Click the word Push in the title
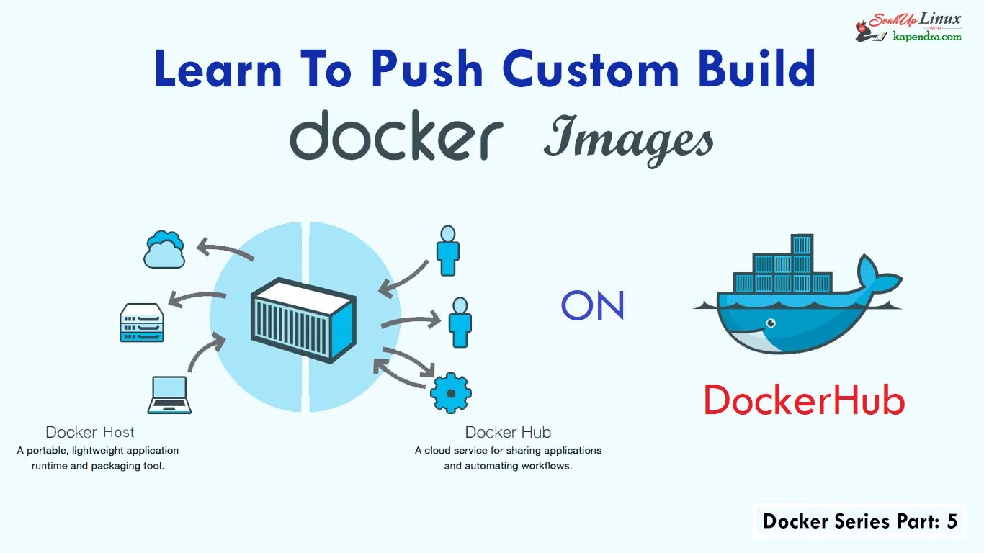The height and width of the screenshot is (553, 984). [x=426, y=70]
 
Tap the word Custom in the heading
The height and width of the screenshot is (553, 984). [x=591, y=70]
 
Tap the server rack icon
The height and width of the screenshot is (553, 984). [x=142, y=323]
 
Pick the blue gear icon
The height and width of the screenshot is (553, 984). [x=451, y=392]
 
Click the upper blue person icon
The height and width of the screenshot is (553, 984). [x=448, y=251]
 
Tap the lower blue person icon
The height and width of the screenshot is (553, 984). [x=460, y=322]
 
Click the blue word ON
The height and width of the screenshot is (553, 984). [x=593, y=306]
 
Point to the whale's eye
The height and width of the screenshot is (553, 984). [x=771, y=323]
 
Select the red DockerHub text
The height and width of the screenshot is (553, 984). [x=803, y=400]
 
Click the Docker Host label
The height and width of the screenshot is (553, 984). [x=90, y=432]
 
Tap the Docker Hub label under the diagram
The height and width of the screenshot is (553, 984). [x=508, y=432]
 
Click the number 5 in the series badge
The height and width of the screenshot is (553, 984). [x=952, y=521]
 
